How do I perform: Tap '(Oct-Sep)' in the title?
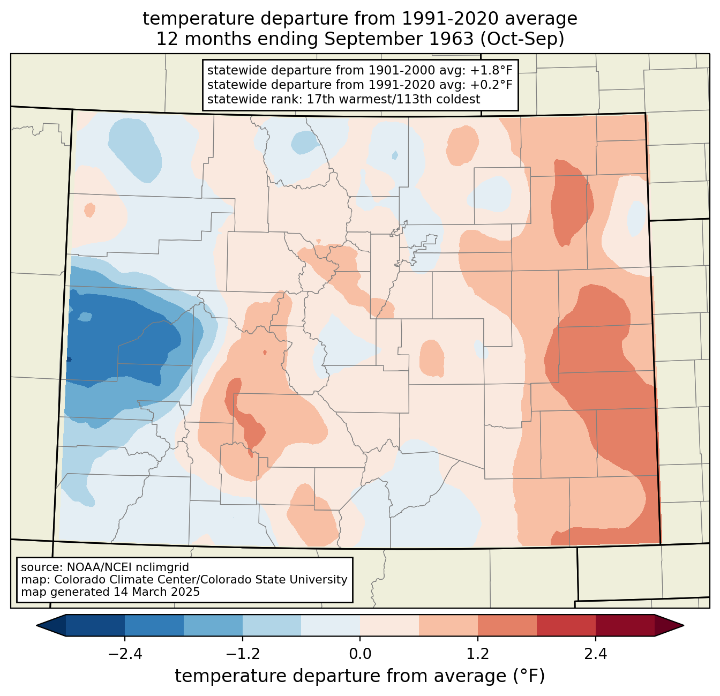tap(522, 39)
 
